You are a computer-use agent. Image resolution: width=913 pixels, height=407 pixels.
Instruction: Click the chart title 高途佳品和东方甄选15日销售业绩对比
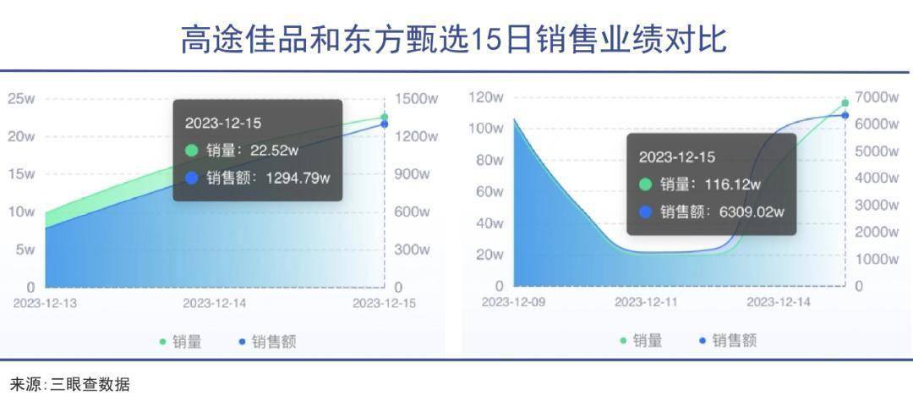point(454,40)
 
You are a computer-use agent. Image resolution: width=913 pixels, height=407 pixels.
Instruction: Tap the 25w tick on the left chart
point(21,98)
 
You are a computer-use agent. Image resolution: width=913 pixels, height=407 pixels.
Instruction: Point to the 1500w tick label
point(416,98)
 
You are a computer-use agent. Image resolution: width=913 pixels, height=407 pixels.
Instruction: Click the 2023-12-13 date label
point(45,303)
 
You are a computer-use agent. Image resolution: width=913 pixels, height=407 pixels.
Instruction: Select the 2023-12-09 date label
point(513,302)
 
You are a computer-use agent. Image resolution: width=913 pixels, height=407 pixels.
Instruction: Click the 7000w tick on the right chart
point(877,96)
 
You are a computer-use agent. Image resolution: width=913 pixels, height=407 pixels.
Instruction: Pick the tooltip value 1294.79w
point(298,178)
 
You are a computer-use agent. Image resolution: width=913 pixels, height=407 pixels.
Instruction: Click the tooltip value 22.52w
point(274,151)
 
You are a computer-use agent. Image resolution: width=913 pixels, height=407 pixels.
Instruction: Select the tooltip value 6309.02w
point(752,212)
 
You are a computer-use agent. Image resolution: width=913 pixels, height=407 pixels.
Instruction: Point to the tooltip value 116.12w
point(732,184)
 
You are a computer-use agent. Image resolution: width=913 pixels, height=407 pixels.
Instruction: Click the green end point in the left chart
point(385,118)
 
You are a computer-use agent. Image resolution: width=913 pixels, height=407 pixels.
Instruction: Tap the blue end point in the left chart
point(385,124)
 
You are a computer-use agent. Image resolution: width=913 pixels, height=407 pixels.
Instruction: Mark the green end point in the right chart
point(845,103)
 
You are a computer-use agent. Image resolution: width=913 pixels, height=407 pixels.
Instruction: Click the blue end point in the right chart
point(845,115)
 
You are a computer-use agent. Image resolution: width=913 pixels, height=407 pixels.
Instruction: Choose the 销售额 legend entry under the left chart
point(268,342)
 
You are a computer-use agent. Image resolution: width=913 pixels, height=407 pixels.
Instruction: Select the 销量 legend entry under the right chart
point(641,340)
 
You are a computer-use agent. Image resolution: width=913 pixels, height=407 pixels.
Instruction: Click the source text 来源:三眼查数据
point(70,385)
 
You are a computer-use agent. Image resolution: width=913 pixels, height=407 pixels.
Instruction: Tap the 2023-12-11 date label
point(647,302)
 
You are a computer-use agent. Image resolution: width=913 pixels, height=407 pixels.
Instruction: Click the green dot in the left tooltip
point(192,151)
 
